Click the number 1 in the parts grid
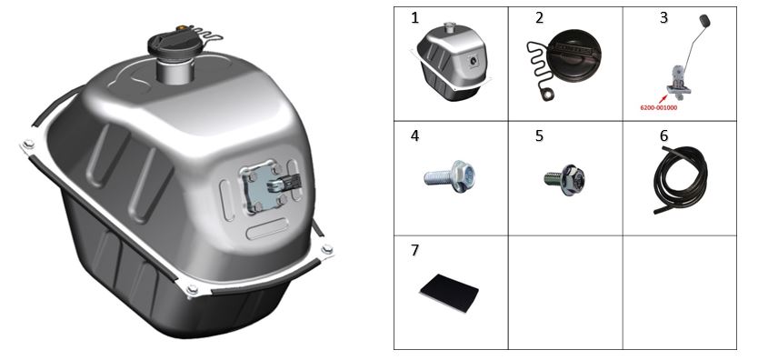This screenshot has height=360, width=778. click(x=414, y=18)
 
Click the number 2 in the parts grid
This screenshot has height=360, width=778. click(x=539, y=18)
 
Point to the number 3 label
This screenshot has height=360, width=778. click(x=663, y=18)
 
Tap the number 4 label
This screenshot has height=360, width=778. click(x=414, y=135)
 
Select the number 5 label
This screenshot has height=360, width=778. click(x=539, y=135)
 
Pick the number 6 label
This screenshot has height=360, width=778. click(x=663, y=135)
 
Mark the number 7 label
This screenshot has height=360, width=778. click(x=414, y=250)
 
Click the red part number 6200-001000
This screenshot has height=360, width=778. click(x=658, y=106)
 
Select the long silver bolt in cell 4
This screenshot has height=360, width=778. click(x=450, y=176)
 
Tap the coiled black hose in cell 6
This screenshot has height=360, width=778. click(x=681, y=179)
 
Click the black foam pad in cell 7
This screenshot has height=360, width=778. click(x=449, y=293)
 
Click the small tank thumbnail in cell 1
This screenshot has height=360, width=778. click(x=451, y=62)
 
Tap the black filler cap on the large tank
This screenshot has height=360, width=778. click(x=176, y=44)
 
